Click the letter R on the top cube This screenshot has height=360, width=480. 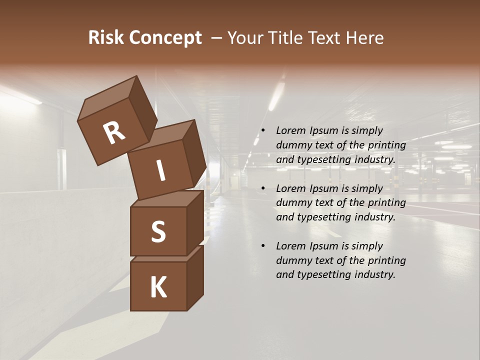[x=114, y=133]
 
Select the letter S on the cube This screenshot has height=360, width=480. [x=158, y=231]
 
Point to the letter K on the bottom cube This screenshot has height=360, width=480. [x=158, y=287]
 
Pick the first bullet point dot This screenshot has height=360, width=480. [x=263, y=131]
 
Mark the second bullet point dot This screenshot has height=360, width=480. [x=263, y=188]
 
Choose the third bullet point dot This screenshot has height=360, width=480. [x=263, y=246]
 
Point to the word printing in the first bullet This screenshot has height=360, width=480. [x=387, y=145]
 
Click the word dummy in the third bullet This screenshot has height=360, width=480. [x=292, y=260]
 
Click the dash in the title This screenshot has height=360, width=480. [x=216, y=38]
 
